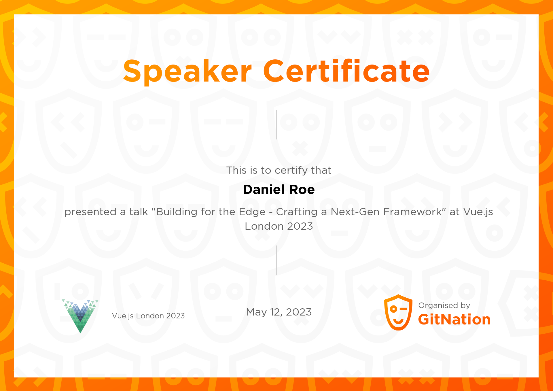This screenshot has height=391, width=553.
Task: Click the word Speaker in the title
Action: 188,71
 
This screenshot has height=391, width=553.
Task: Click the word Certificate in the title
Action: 346,71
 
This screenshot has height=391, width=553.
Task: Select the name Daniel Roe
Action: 279,190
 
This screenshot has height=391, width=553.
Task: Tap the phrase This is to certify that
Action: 279,170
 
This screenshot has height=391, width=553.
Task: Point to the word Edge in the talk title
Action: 252,212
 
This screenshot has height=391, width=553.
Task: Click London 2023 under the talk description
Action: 279,226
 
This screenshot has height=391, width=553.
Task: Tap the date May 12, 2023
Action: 279,312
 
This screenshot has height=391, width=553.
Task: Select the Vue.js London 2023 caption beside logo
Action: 148,316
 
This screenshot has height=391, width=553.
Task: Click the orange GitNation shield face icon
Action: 398,312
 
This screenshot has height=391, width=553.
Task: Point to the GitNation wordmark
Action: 454,320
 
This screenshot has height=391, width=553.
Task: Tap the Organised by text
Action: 444,305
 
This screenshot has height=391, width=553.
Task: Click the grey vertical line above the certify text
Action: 276,125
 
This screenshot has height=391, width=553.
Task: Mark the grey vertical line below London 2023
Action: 276,260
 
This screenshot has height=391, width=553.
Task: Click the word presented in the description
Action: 90,212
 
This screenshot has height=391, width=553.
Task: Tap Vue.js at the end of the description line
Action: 478,212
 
